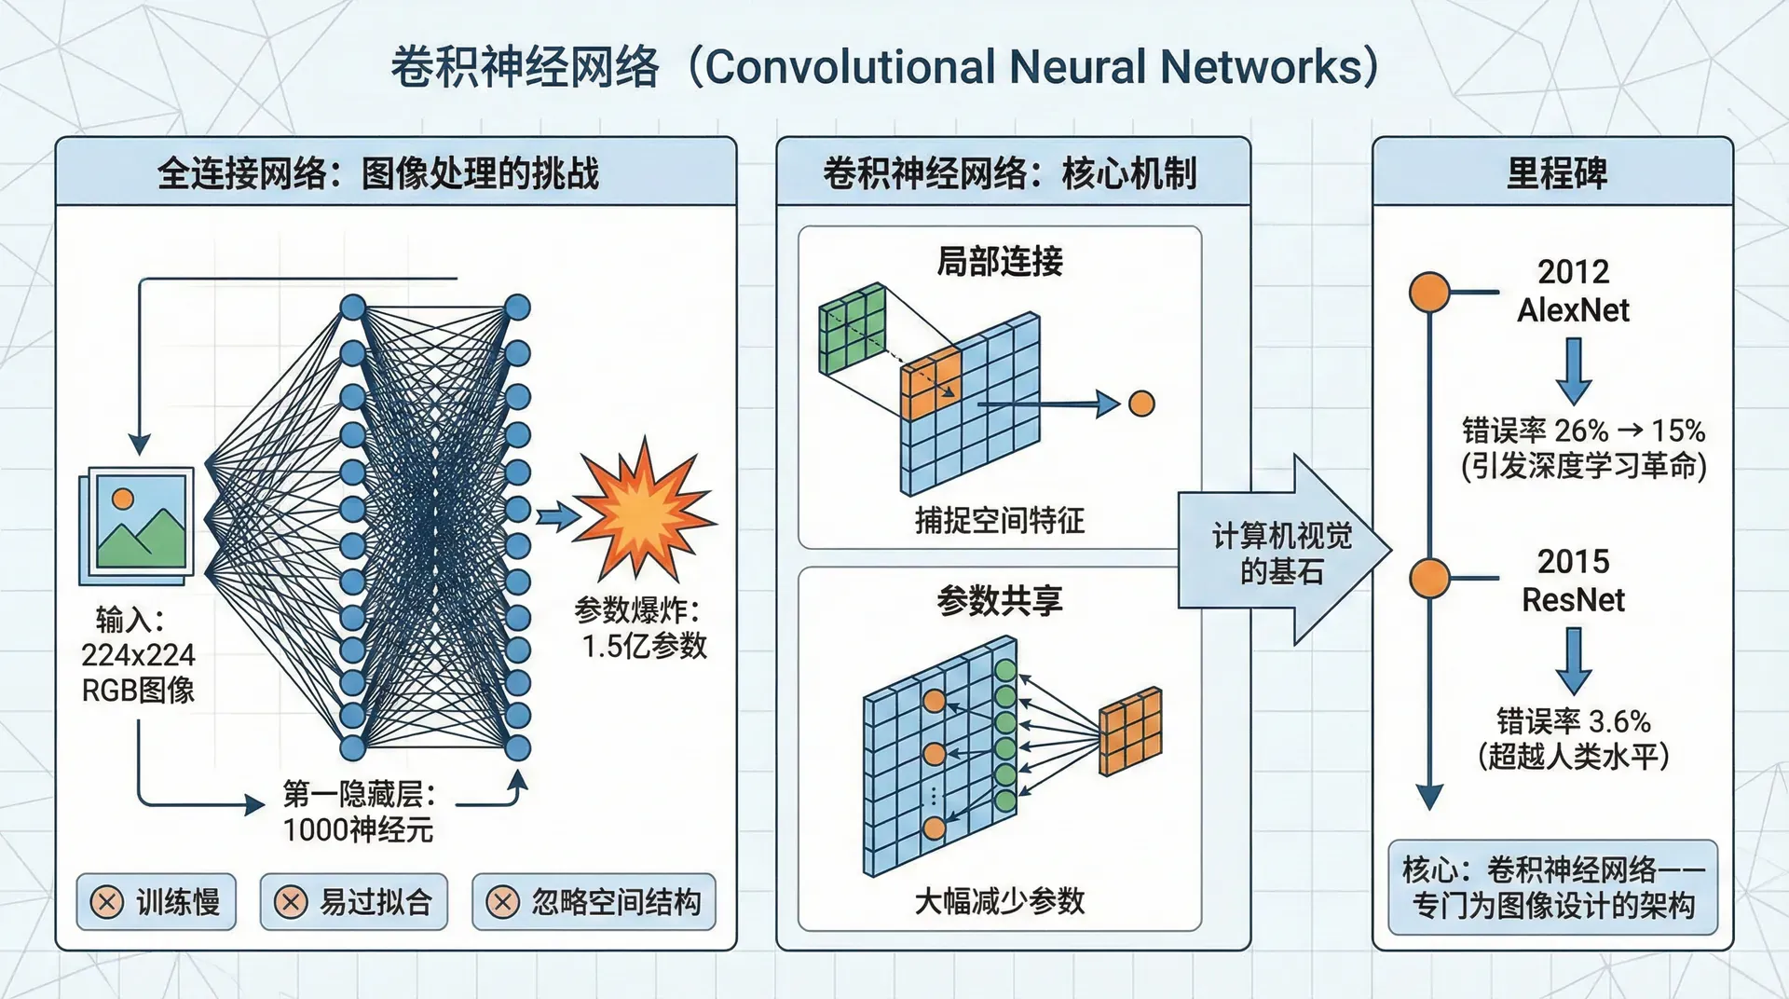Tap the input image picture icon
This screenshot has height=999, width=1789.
(x=138, y=524)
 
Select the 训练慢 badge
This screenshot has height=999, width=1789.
(x=156, y=902)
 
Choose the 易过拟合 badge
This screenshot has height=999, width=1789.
(x=353, y=902)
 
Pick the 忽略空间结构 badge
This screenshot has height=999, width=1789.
(x=594, y=902)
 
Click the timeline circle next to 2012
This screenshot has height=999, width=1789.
(x=1428, y=293)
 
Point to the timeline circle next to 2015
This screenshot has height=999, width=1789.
(x=1428, y=578)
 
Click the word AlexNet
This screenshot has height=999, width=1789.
(x=1573, y=310)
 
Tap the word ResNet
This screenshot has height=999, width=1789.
(x=1573, y=600)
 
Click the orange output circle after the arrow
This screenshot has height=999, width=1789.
(x=1141, y=404)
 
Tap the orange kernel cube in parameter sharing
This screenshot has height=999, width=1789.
(x=1130, y=732)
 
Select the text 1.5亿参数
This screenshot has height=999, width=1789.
(x=644, y=646)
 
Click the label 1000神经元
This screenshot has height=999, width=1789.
(x=358, y=830)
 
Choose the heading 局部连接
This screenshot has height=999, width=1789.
(x=1000, y=262)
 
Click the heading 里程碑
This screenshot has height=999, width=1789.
(x=1556, y=173)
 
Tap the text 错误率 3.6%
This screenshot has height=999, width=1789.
(x=1573, y=721)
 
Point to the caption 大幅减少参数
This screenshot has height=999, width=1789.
(x=1000, y=901)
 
